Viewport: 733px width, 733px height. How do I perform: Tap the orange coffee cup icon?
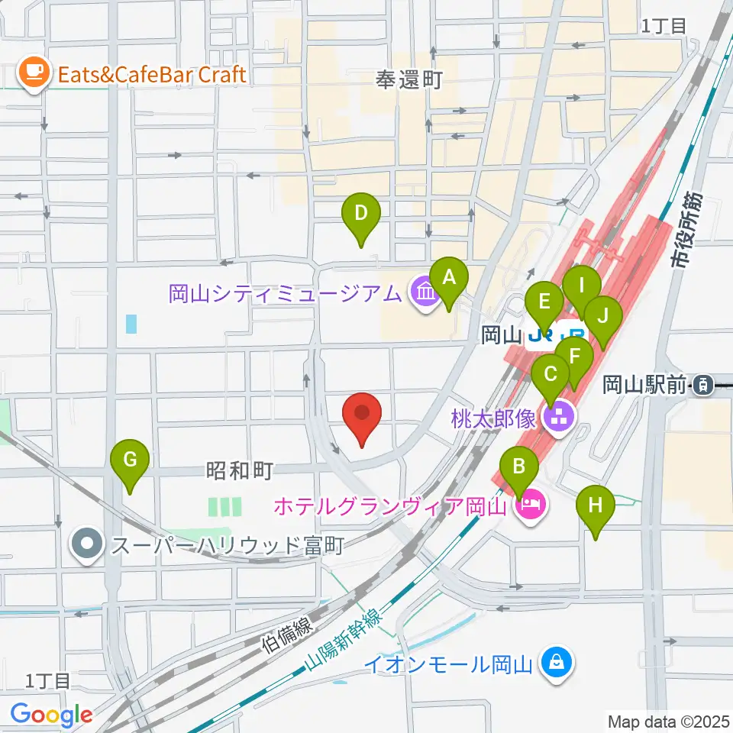tap(32, 73)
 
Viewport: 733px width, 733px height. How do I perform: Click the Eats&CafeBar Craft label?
tap(147, 74)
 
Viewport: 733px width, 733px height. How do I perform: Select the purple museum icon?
tap(422, 292)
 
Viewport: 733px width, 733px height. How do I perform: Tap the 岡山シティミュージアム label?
tap(284, 292)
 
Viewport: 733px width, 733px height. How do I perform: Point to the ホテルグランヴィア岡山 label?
tap(389, 505)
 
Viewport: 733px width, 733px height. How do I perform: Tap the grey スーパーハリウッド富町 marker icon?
tap(88, 545)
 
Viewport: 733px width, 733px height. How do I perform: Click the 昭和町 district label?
tap(239, 471)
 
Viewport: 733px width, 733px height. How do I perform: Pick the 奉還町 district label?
tap(409, 79)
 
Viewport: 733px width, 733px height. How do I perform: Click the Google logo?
tap(50, 715)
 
